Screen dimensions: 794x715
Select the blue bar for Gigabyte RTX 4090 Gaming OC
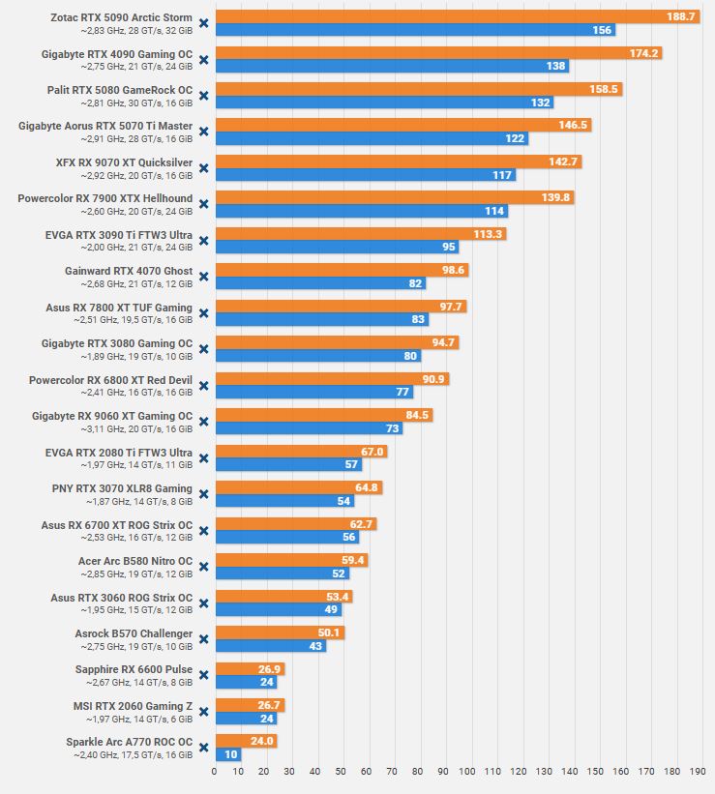(391, 67)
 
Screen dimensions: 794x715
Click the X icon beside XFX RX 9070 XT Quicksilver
(203, 168)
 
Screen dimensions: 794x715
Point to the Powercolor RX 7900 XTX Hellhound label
(105, 198)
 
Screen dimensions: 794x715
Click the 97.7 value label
(452, 307)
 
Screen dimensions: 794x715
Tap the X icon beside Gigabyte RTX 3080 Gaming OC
(203, 349)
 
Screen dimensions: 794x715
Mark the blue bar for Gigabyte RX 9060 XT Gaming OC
(308, 428)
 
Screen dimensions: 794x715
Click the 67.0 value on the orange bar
(373, 452)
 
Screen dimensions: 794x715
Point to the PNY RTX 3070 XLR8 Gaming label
(122, 488)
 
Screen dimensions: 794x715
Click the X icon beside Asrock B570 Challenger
(203, 639)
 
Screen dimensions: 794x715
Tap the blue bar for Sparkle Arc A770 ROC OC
(227, 754)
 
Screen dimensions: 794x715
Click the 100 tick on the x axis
(469, 772)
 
